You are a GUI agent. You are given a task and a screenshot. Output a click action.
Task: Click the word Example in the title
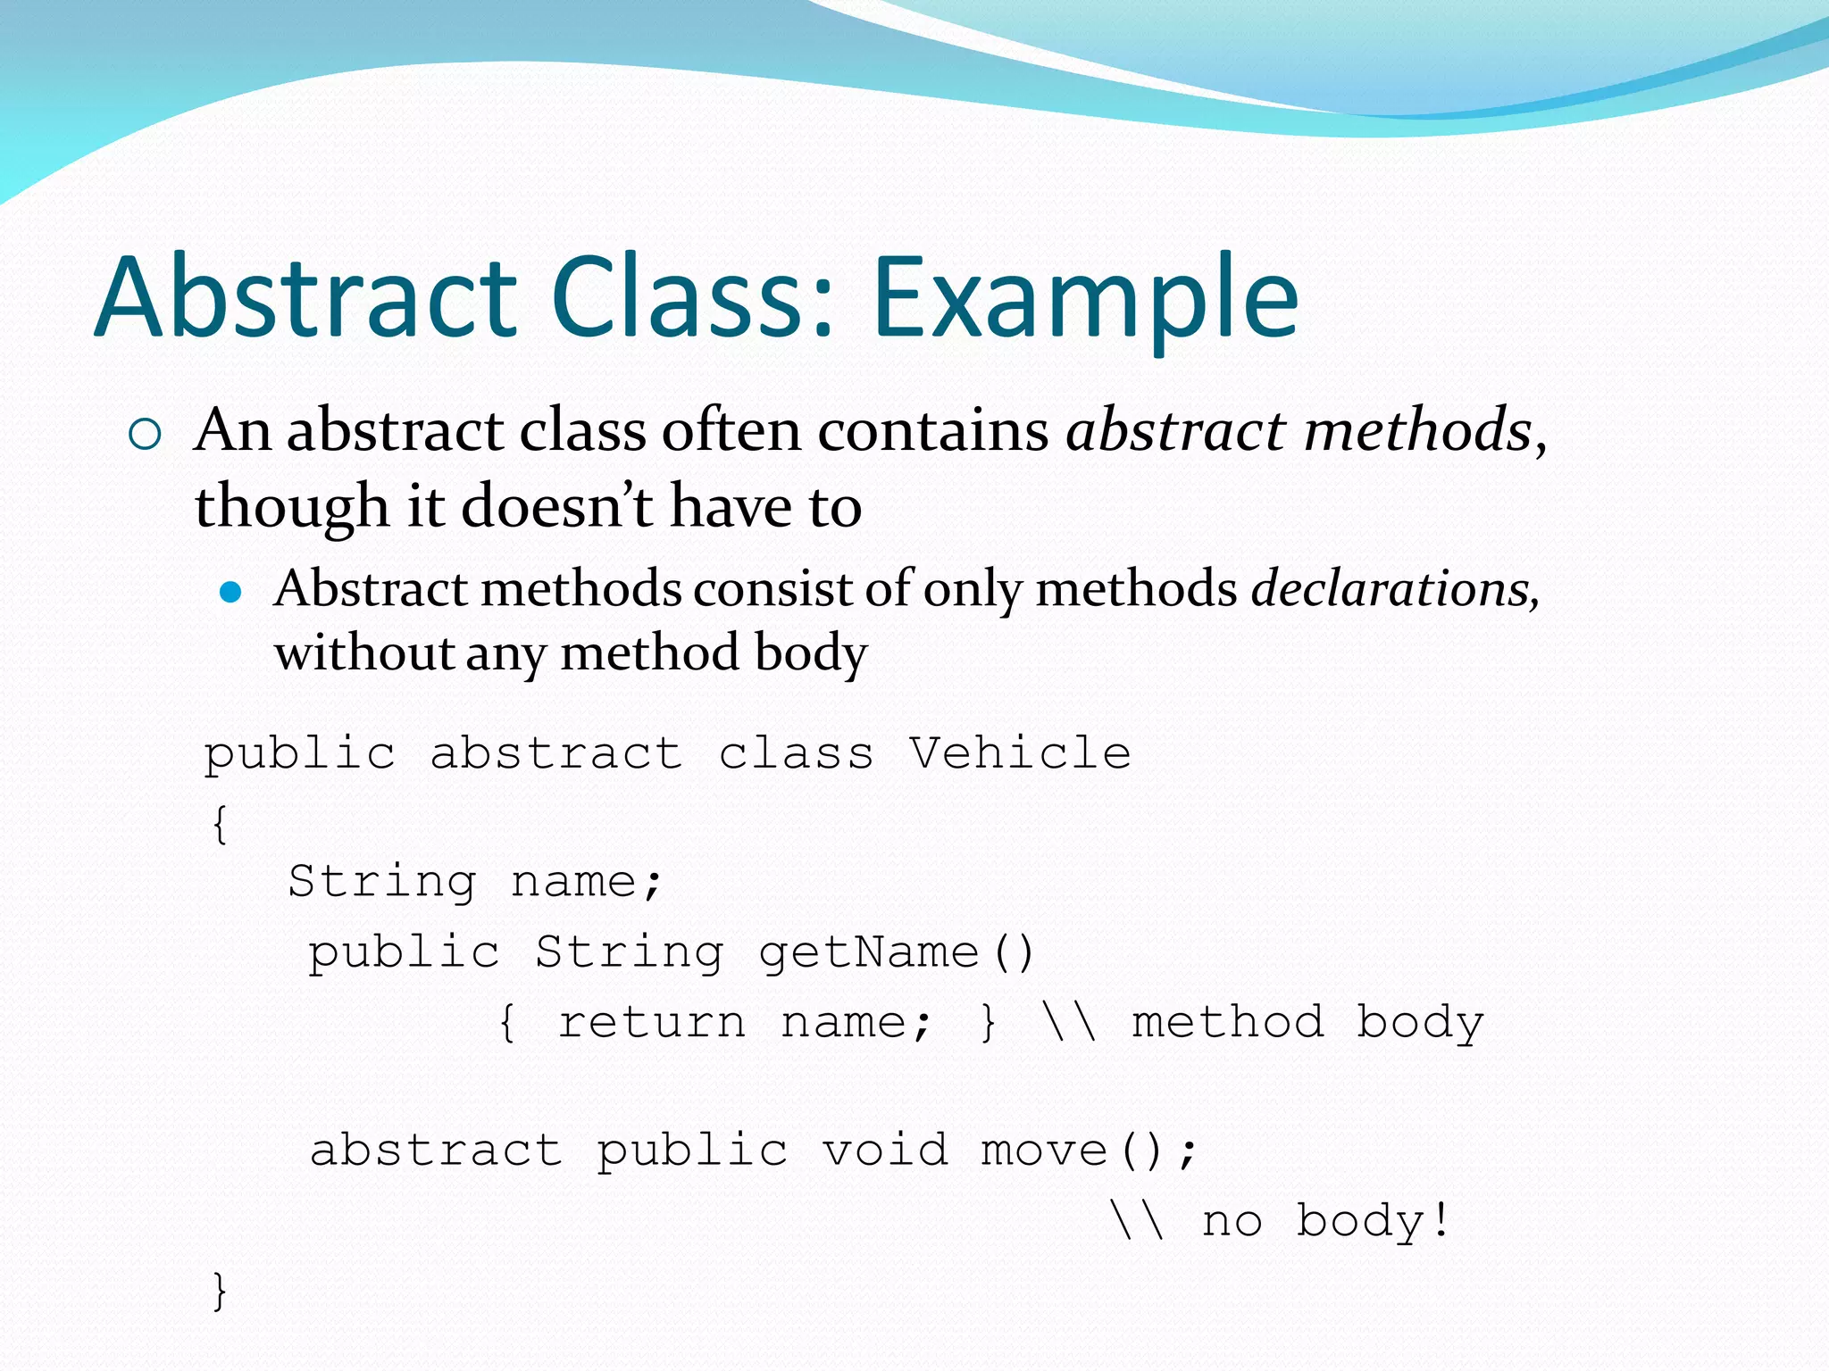click(x=1084, y=299)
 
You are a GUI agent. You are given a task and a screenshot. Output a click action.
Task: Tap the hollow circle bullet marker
click(x=145, y=435)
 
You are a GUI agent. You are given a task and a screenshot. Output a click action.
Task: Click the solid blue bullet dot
click(x=230, y=593)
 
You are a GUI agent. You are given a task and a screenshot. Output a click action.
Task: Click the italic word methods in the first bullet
click(x=1418, y=430)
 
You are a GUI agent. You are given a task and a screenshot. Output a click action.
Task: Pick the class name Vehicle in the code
click(x=1020, y=753)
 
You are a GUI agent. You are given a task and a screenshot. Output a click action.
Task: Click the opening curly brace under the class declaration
click(x=221, y=823)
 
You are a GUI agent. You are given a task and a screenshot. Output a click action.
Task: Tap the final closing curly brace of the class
click(x=221, y=1291)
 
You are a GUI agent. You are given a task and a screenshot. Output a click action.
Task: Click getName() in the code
click(x=896, y=952)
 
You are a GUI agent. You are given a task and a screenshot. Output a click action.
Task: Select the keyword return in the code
click(x=651, y=1023)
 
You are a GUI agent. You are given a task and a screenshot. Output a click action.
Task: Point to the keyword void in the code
click(x=885, y=1150)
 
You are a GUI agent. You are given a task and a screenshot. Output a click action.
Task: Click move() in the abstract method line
click(x=1072, y=1150)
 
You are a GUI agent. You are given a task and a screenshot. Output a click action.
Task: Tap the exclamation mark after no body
click(x=1440, y=1219)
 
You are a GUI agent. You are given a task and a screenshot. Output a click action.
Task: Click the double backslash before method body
click(x=1069, y=1023)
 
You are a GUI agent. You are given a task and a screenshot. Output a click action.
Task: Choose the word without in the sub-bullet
click(x=364, y=652)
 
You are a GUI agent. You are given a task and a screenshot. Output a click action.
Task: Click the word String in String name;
click(x=382, y=883)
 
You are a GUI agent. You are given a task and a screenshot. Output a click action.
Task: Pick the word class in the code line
click(x=796, y=753)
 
